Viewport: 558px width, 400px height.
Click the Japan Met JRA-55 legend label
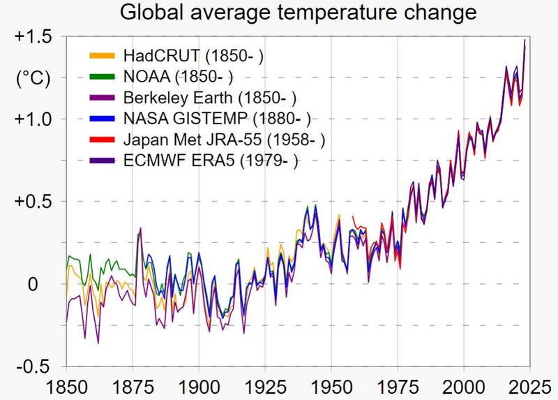(x=224, y=140)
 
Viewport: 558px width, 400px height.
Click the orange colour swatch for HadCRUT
(x=103, y=54)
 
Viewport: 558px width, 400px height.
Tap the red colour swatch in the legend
(x=103, y=140)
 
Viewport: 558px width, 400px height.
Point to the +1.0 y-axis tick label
(x=33, y=119)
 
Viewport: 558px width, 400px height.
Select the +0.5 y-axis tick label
(x=33, y=202)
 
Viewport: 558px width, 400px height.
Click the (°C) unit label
(x=33, y=78)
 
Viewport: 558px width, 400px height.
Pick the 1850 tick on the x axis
(x=67, y=386)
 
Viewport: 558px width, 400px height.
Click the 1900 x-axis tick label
(x=199, y=386)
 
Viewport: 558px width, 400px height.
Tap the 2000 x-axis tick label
(x=462, y=386)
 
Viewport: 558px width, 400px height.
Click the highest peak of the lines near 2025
(x=525, y=40)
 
